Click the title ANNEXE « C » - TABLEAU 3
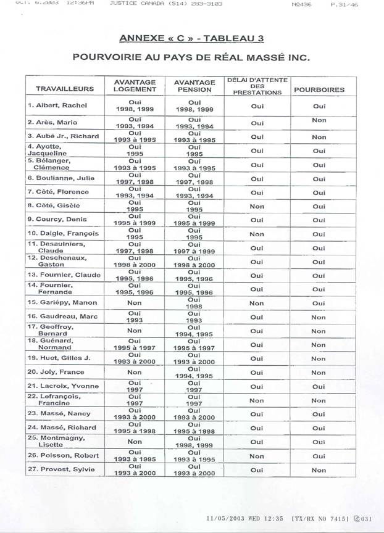(191, 38)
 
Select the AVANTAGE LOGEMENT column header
(135, 86)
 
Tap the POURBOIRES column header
(319, 89)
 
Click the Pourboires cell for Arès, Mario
(319, 121)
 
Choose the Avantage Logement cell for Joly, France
(135, 373)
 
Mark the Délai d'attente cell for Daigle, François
(257, 234)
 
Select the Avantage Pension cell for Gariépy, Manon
(194, 303)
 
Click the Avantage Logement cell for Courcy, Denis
(135, 220)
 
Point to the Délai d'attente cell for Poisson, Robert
(257, 456)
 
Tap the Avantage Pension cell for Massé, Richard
(194, 428)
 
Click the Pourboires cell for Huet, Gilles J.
(319, 358)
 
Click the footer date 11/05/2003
(223, 519)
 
